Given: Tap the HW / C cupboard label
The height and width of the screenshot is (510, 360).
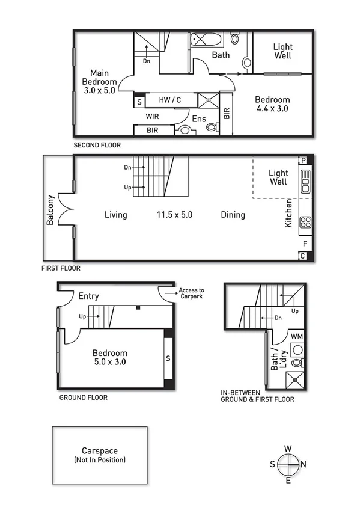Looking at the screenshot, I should click(170, 100).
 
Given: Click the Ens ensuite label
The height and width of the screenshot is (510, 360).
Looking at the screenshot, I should click(199, 118).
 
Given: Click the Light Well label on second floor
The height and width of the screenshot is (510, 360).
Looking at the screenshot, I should click(282, 51).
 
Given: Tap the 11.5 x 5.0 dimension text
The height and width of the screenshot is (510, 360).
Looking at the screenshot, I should click(174, 215).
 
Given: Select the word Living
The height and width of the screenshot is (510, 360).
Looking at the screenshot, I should click(115, 215).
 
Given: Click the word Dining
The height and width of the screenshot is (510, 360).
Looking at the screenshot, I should click(233, 215).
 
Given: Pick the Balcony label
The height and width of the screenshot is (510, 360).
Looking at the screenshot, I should click(51, 210).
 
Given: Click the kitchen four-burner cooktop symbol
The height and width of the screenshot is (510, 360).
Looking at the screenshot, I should click(304, 222).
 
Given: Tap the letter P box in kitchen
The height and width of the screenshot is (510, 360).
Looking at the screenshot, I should click(304, 160).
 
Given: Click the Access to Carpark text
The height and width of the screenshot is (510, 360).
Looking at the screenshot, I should click(192, 293).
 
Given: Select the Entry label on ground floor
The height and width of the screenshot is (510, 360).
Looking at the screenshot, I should click(89, 296).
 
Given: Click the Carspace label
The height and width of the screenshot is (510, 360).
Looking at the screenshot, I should click(99, 451).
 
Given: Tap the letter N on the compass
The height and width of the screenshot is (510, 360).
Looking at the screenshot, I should click(304, 464).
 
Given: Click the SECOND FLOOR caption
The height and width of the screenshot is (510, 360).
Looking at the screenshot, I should click(97, 146).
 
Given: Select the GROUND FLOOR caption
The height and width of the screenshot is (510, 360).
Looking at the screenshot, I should click(83, 398).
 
